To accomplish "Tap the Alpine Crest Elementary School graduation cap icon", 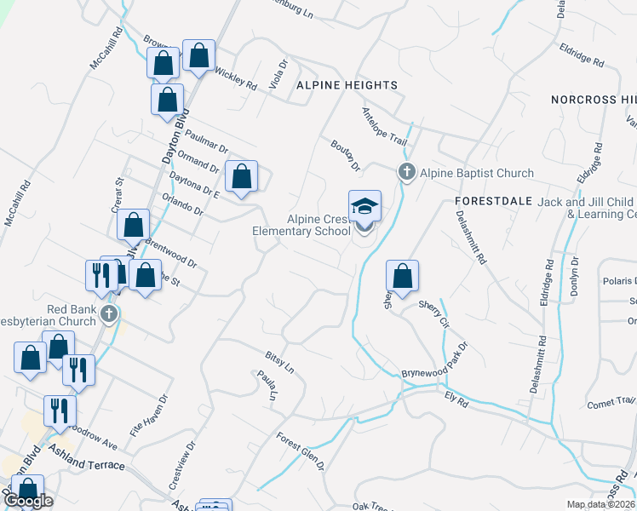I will coord(364,208).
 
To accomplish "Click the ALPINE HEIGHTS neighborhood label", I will coord(347,85).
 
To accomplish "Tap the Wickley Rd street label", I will coord(235,79).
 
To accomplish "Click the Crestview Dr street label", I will coord(182,463).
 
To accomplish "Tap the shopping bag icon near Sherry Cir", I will coord(402,277).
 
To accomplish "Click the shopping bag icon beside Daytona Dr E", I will coord(242,177).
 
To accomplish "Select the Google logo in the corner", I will coord(29,502).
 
